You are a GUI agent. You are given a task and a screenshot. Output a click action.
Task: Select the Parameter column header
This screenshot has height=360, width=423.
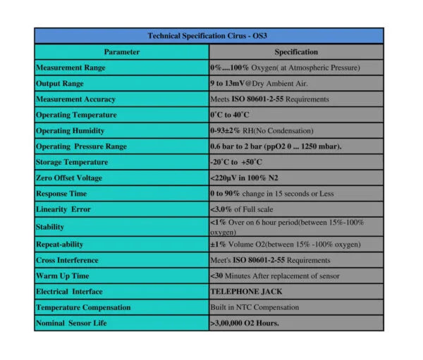click(121, 52)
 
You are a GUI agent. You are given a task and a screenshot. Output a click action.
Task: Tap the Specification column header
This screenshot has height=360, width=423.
click(295, 52)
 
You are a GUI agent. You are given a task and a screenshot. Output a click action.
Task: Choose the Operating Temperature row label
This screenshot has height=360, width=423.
click(76, 115)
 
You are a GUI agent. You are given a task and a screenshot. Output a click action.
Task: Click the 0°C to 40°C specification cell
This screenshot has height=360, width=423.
click(230, 115)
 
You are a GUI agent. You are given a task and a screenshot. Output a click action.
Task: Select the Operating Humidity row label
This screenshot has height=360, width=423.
click(70, 131)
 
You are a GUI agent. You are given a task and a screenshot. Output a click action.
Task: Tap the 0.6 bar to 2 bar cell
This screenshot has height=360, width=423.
click(275, 147)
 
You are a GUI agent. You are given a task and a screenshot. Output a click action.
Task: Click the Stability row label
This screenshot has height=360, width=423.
click(50, 227)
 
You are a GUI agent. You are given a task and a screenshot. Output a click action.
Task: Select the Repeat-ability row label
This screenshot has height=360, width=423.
click(60, 244)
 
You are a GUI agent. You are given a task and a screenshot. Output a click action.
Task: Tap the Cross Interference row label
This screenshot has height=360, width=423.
click(67, 261)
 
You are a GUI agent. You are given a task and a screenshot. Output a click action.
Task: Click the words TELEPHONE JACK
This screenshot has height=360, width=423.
click(243, 292)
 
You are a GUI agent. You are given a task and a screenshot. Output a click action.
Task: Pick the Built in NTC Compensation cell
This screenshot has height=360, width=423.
click(255, 308)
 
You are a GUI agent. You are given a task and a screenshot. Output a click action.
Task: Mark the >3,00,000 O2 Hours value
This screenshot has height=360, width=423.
click(245, 323)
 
